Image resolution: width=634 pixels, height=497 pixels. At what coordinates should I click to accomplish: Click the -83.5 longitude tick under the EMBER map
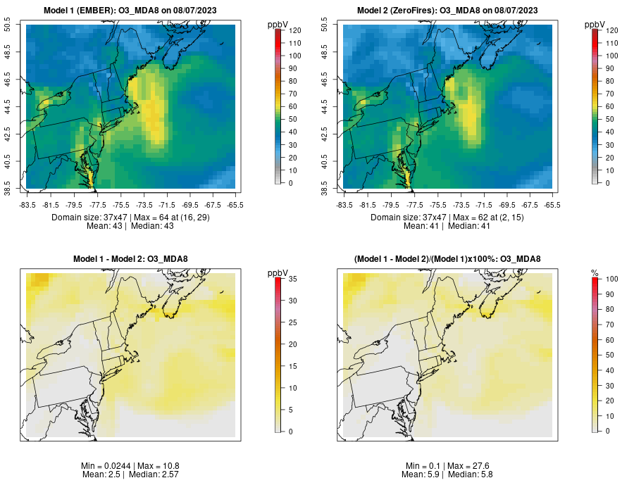coord(27,206)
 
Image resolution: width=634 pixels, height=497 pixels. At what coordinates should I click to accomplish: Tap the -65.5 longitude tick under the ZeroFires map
coord(553,206)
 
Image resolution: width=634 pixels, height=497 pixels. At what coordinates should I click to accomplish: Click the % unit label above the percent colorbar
coord(595,273)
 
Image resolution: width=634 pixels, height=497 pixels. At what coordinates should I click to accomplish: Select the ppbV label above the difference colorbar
coord(278,273)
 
